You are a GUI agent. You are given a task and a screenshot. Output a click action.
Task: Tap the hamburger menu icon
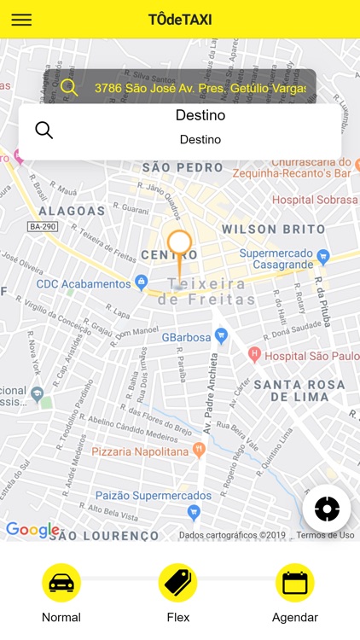click(21, 20)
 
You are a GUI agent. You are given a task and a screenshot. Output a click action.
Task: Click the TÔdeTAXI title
click(180, 20)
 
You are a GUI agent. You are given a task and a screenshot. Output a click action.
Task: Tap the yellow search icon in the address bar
click(69, 87)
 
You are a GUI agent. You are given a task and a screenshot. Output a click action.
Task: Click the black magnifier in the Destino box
click(44, 130)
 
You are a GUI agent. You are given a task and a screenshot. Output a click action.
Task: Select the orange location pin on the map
click(179, 247)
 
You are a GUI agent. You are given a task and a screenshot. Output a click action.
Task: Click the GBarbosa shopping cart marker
click(221, 336)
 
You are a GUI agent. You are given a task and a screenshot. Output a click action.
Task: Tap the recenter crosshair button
click(327, 509)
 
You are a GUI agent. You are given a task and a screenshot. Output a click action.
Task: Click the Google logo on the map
click(32, 530)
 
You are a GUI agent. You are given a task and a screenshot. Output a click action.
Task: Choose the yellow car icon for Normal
click(61, 584)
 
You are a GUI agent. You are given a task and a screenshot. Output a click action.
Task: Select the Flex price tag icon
click(178, 584)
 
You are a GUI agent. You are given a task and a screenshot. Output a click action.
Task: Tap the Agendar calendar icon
click(295, 584)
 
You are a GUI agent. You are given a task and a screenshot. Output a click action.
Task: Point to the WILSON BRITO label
click(273, 229)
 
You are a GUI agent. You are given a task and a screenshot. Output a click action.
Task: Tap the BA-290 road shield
click(43, 226)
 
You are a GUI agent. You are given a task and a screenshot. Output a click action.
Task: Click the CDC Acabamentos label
click(84, 283)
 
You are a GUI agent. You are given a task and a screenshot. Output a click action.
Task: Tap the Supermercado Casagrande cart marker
click(322, 256)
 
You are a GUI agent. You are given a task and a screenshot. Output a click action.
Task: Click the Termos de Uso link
click(325, 535)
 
